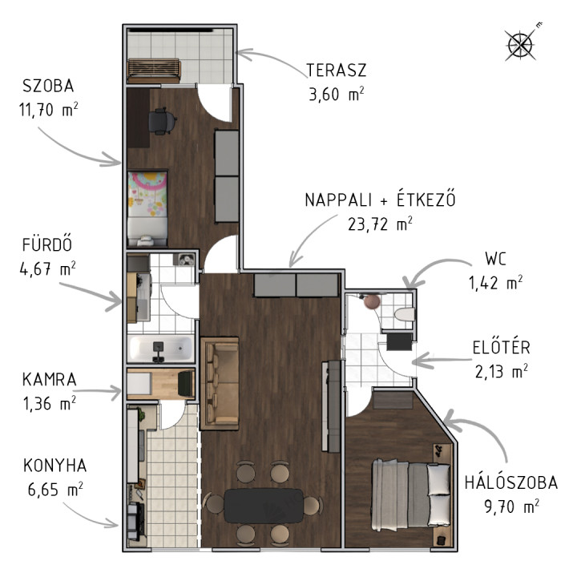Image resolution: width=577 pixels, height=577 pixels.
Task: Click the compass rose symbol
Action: (x=521, y=44)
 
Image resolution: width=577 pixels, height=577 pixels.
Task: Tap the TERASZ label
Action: (x=337, y=71)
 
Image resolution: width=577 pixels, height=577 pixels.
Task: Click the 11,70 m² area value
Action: (x=49, y=109)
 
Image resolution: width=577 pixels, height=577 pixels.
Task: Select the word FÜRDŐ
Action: (x=47, y=244)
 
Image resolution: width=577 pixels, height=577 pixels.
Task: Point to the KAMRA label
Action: (x=50, y=379)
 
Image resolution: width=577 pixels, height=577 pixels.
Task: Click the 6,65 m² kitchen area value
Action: (x=55, y=490)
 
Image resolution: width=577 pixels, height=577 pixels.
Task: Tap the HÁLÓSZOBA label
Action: (x=511, y=482)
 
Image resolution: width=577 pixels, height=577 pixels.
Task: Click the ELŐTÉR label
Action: (x=501, y=347)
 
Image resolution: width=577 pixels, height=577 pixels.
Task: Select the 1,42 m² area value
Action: (x=495, y=283)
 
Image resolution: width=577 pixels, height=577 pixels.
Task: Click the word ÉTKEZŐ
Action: (x=426, y=199)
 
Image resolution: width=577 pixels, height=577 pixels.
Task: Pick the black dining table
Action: (x=264, y=505)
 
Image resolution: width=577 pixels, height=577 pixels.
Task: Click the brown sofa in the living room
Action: (x=220, y=383)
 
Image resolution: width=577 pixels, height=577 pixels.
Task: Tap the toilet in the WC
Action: (x=404, y=315)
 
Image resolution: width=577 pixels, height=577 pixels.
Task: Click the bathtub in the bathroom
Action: (x=160, y=349)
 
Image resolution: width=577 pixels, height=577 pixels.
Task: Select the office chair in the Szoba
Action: (x=162, y=121)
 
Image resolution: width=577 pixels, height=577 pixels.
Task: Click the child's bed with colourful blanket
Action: (x=147, y=208)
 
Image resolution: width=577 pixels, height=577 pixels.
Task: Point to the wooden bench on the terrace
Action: (x=154, y=71)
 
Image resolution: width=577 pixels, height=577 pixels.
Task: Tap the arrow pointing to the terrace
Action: (x=272, y=59)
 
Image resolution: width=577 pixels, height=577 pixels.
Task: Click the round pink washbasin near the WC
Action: (x=372, y=301)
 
